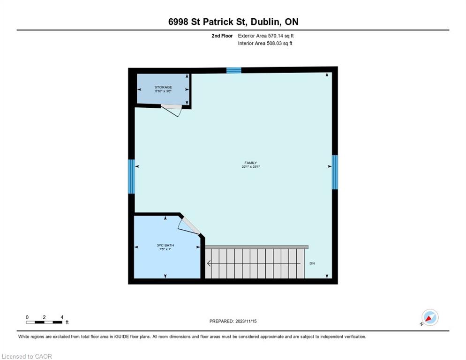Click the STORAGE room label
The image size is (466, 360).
click(163, 87)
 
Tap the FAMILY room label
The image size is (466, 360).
click(250, 163)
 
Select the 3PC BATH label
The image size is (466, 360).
click(165, 245)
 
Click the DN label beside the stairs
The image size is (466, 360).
click(312, 263)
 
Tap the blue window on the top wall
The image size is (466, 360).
click(234, 70)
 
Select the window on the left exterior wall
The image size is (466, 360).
click(131, 177)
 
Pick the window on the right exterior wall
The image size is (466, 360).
click(335, 172)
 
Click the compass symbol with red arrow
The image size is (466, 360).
click(430, 317)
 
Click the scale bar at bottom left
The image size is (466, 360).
click(44, 322)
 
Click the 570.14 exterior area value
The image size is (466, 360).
click(277, 36)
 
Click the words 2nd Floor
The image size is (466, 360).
click(222, 36)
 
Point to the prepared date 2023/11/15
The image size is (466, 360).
click(246, 322)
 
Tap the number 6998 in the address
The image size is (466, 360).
click(178, 22)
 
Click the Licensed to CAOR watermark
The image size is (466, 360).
click(27, 356)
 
